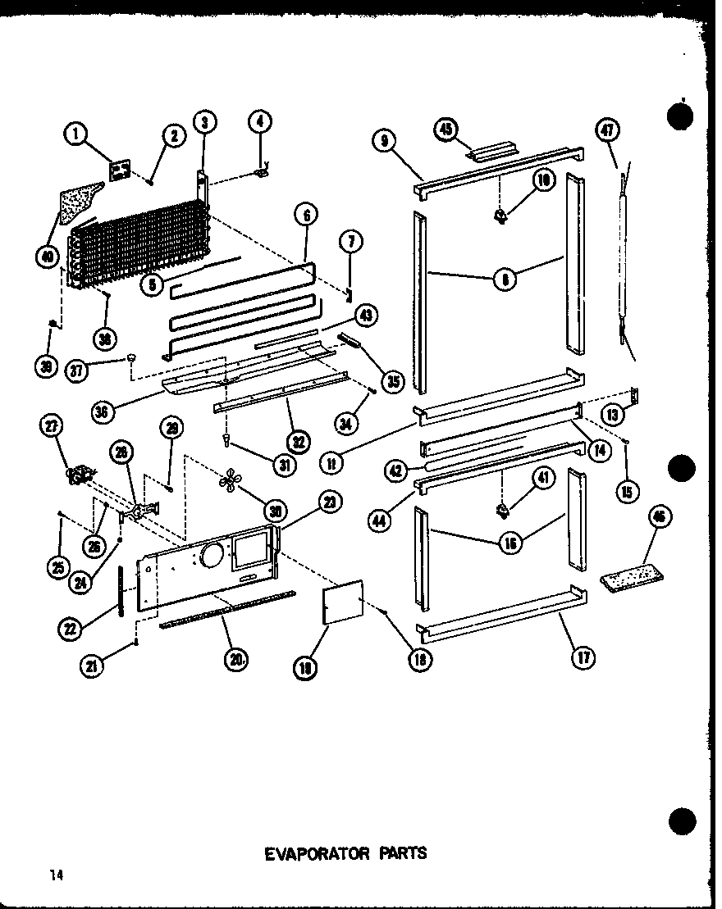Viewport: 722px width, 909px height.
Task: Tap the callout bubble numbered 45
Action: click(x=446, y=129)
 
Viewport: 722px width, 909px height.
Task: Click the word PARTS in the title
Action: click(x=401, y=853)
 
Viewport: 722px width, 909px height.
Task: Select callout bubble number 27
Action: click(x=52, y=426)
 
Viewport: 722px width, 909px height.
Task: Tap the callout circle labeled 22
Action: click(x=71, y=629)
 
